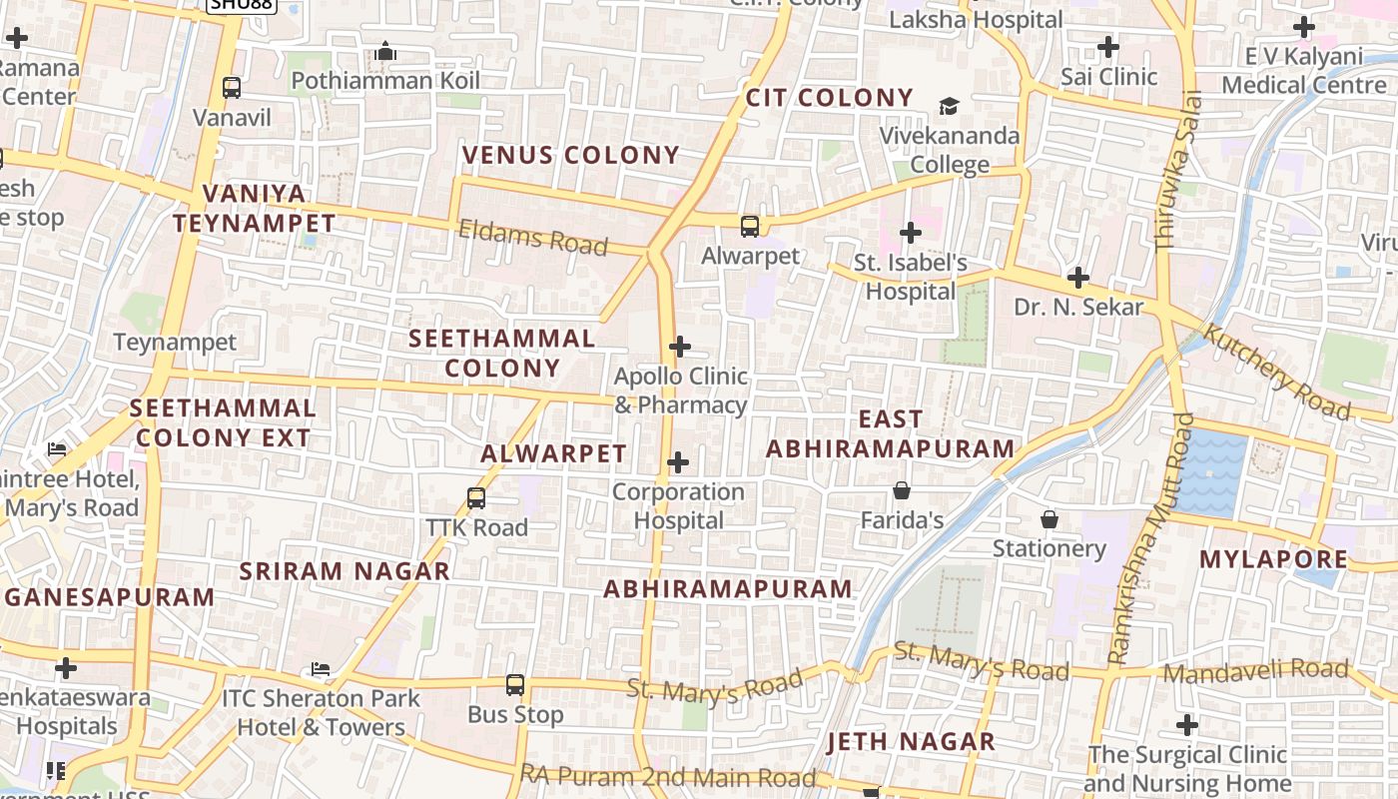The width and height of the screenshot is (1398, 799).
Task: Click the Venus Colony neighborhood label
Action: pyautogui.click(x=570, y=155)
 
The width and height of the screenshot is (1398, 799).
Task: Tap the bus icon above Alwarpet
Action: pyautogui.click(x=750, y=227)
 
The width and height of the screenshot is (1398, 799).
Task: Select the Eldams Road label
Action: pyautogui.click(x=532, y=238)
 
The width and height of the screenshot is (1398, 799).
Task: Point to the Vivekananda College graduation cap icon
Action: pyautogui.click(x=948, y=106)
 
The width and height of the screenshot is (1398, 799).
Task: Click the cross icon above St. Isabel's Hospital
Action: pyautogui.click(x=910, y=234)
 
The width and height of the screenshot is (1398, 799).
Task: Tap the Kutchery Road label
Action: pyautogui.click(x=1277, y=371)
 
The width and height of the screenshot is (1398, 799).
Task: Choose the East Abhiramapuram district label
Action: pyautogui.click(x=890, y=433)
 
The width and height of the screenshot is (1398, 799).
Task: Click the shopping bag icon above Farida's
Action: pyautogui.click(x=902, y=490)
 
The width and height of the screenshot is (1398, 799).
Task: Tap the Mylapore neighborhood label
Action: pyautogui.click(x=1273, y=558)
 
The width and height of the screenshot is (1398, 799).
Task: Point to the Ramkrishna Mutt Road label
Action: pyautogui.click(x=1148, y=539)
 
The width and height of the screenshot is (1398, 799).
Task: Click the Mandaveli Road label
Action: pyautogui.click(x=1255, y=671)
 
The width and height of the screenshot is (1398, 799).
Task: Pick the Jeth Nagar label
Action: pyautogui.click(x=911, y=741)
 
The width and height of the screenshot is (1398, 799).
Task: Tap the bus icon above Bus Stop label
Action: pyautogui.click(x=515, y=685)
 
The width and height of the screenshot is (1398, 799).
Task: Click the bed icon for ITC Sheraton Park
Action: pyautogui.click(x=320, y=669)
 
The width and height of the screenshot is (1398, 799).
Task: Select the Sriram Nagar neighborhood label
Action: pyautogui.click(x=345, y=571)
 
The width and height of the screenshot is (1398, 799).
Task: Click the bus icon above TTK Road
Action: pyautogui.click(x=476, y=497)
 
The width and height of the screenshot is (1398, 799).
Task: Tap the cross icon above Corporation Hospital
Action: pyautogui.click(x=678, y=462)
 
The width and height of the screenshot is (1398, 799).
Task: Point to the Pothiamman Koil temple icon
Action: pyautogui.click(x=385, y=51)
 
